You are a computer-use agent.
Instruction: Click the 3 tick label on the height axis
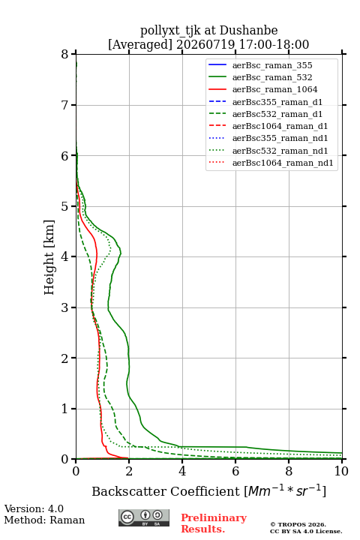pyautogui.click(x=64, y=307)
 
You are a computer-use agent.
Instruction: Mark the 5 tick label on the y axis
pyautogui.click(x=64, y=206)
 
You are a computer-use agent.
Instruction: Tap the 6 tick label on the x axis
pyautogui.click(x=235, y=471)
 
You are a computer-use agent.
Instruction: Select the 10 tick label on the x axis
pyautogui.click(x=341, y=471)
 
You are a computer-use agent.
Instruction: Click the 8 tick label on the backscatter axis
pyautogui.click(x=289, y=471)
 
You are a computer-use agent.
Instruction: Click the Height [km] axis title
pyautogui.click(x=49, y=257)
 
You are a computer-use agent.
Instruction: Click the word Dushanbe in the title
pyautogui.click(x=248, y=31)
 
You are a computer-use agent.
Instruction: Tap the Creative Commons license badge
pyautogui.click(x=144, y=517)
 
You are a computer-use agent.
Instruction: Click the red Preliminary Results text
pyautogui.click(x=214, y=523)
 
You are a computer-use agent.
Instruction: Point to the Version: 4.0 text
pyautogui.click(x=34, y=509)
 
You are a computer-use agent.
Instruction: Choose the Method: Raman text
pyautogui.click(x=44, y=520)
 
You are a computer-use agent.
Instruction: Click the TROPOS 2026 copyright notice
pyautogui.click(x=298, y=524)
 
